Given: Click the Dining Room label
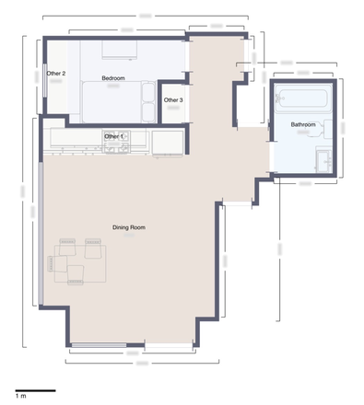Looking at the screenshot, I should click(x=129, y=227).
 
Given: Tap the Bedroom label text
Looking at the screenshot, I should click(x=113, y=78).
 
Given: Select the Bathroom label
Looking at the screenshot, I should click(x=303, y=124).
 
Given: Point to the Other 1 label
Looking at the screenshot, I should click(x=113, y=136).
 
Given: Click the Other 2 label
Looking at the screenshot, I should click(x=56, y=73).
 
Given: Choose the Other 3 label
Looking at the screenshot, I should click(x=173, y=99).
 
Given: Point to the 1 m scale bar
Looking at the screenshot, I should click(x=35, y=391).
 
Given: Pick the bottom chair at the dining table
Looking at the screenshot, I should click(x=75, y=272).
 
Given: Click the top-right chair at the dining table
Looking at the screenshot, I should click(x=92, y=247).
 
